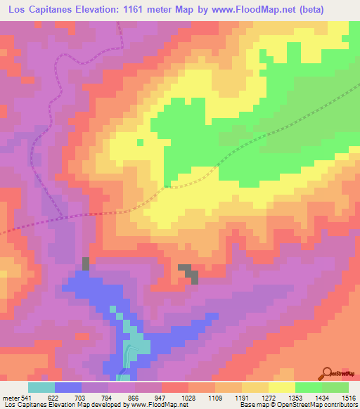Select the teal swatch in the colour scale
point(41,388)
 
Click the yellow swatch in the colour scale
point(282,388)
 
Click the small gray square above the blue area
point(86,264)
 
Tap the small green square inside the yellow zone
point(139,142)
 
